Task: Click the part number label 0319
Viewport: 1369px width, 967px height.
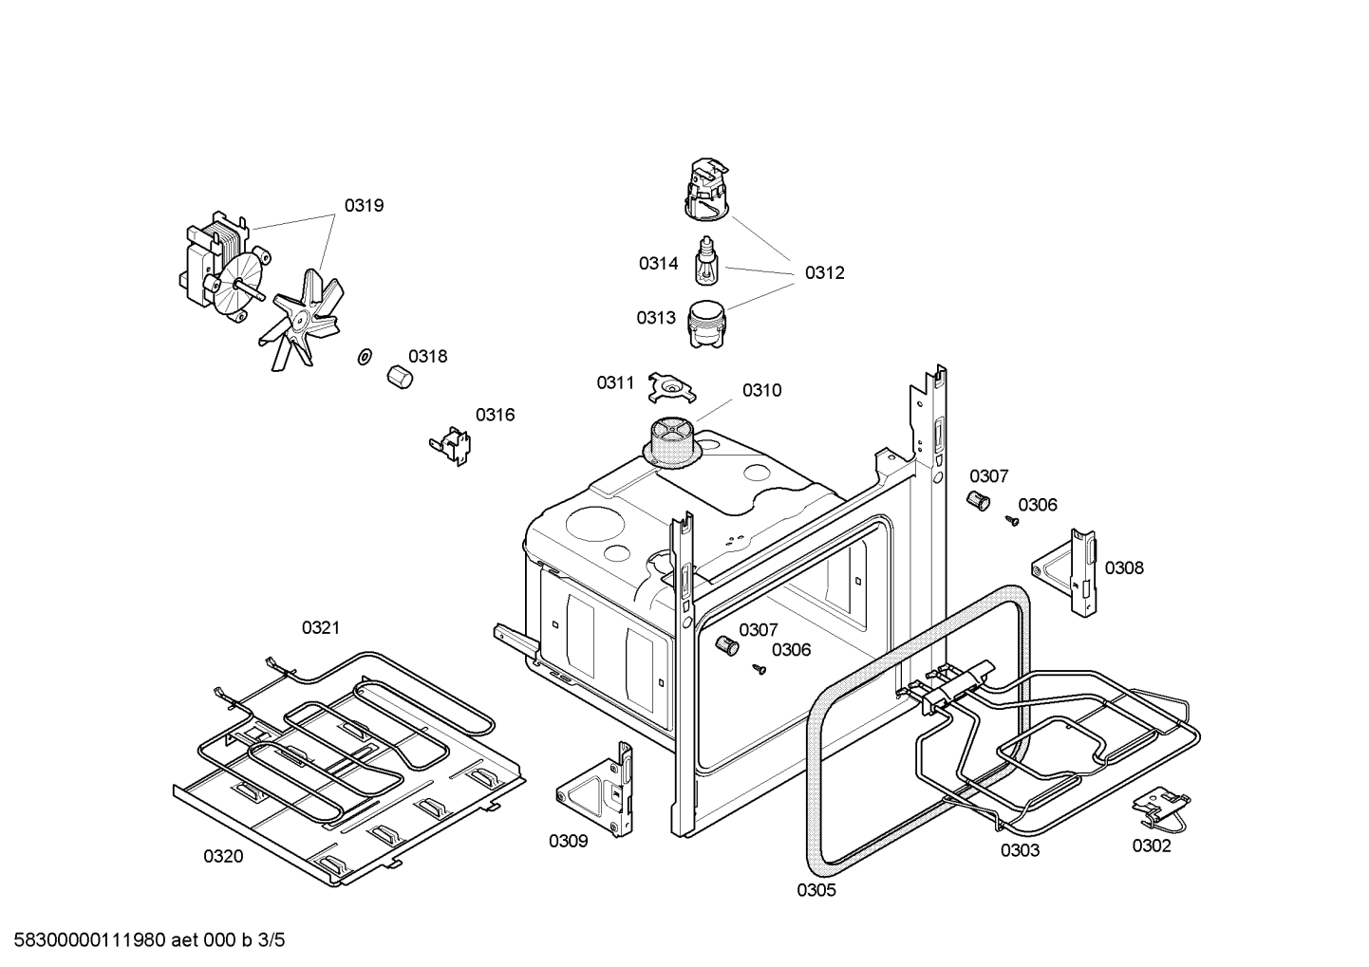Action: pos(364,205)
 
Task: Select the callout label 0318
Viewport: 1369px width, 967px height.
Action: pos(427,356)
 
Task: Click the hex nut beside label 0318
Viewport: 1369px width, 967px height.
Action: pos(399,376)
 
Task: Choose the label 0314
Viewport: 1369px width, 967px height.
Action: pos(658,263)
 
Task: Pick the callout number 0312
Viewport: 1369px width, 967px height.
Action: pos(824,272)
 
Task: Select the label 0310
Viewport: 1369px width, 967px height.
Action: pos(761,390)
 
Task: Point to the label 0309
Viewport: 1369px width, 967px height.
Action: pos(568,841)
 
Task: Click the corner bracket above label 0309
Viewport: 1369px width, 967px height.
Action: pos(598,789)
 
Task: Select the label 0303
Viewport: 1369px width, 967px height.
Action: pos(1020,850)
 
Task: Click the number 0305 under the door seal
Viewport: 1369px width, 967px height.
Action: pos(816,890)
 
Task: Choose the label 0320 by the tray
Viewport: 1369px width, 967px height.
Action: pos(223,856)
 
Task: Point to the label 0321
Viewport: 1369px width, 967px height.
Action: pos(321,627)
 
